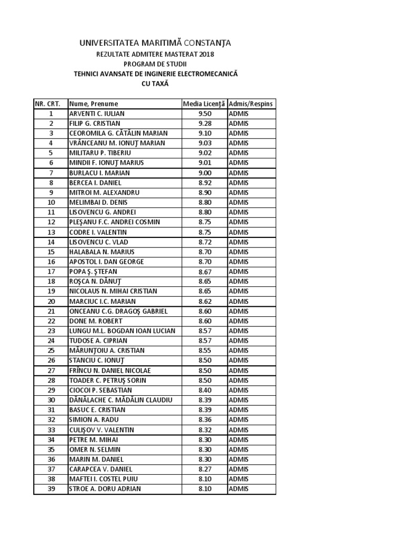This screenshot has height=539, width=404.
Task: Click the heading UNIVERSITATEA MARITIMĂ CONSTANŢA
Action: [x=155, y=43]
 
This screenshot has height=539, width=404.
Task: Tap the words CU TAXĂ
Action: [x=156, y=84]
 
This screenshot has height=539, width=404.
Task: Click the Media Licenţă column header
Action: [x=204, y=104]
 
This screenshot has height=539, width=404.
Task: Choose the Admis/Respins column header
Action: [x=251, y=104]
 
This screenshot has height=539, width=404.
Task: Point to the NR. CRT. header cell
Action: [x=50, y=104]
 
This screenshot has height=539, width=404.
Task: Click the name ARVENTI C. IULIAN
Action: [x=97, y=114]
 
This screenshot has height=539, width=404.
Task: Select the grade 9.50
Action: [x=205, y=114]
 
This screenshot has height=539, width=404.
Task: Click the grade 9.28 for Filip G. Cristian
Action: [x=205, y=123]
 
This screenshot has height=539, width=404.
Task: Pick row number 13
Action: [x=51, y=232]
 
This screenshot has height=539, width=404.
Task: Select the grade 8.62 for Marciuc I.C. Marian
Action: [x=205, y=302]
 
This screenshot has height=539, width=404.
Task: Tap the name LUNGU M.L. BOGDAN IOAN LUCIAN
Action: [x=122, y=331]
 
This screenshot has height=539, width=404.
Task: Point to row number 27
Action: [x=51, y=371]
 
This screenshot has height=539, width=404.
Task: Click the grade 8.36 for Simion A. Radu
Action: [x=205, y=420]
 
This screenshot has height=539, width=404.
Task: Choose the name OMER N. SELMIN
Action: [x=95, y=450]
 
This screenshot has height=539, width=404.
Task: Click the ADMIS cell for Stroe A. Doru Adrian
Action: [x=239, y=489]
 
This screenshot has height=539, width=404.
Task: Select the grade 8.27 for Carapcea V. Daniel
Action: [x=205, y=469]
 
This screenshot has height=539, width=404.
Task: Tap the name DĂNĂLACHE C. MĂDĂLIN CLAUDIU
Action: [x=120, y=400]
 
